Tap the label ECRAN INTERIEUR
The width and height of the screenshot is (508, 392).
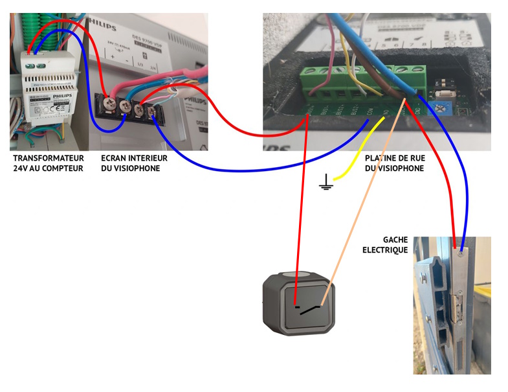click(x=135, y=158)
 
